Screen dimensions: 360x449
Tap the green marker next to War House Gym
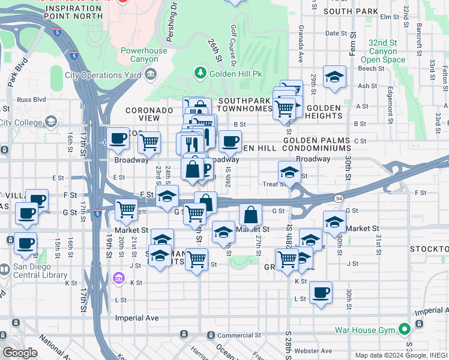tap(405, 329)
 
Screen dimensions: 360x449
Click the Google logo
tap(20, 353)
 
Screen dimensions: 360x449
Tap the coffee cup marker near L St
tap(321, 292)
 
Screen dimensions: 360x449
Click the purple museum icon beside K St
tap(119, 278)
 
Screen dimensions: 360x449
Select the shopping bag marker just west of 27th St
tap(250, 214)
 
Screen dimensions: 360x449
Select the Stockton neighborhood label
tap(429, 248)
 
